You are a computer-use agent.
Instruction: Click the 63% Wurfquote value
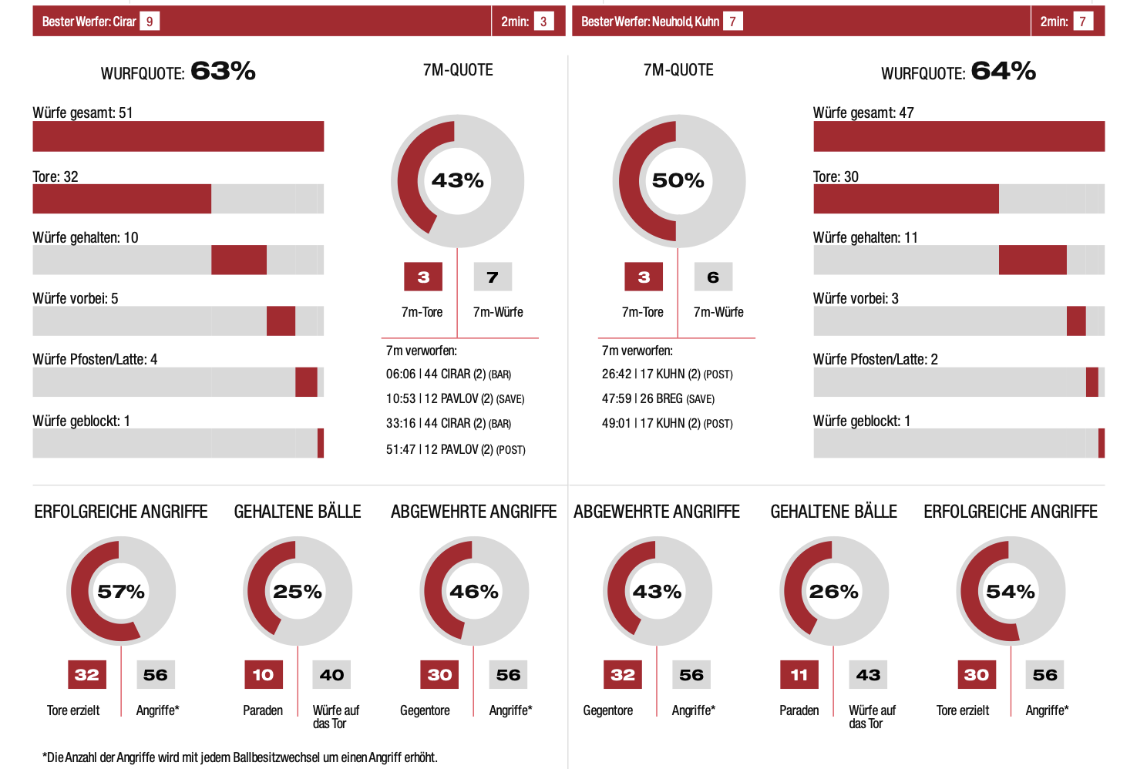click(x=223, y=71)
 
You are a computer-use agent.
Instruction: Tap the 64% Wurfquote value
click(x=1003, y=71)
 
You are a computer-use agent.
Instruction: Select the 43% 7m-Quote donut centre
click(x=457, y=180)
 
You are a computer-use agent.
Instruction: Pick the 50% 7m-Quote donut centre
click(x=678, y=180)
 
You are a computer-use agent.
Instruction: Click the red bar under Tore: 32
click(x=122, y=199)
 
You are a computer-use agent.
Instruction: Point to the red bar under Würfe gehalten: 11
click(x=1032, y=260)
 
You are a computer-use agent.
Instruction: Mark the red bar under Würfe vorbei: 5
click(x=281, y=321)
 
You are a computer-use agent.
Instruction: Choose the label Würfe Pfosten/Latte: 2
click(x=875, y=359)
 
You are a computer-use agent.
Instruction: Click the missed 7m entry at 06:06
click(x=448, y=374)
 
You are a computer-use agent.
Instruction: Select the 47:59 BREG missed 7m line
click(x=658, y=399)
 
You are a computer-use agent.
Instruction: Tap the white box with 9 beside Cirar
click(x=150, y=22)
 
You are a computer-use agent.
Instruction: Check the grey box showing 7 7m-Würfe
click(x=493, y=277)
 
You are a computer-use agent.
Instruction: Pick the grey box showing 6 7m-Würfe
click(x=713, y=277)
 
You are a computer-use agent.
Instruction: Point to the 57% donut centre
click(x=121, y=592)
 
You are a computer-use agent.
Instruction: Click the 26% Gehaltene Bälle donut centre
click(x=833, y=592)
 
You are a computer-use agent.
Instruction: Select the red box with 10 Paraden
click(x=263, y=675)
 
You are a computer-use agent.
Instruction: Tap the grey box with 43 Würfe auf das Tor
click(x=868, y=675)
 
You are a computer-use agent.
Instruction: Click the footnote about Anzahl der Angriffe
click(x=240, y=757)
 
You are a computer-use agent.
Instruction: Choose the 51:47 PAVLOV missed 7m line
click(x=456, y=449)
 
